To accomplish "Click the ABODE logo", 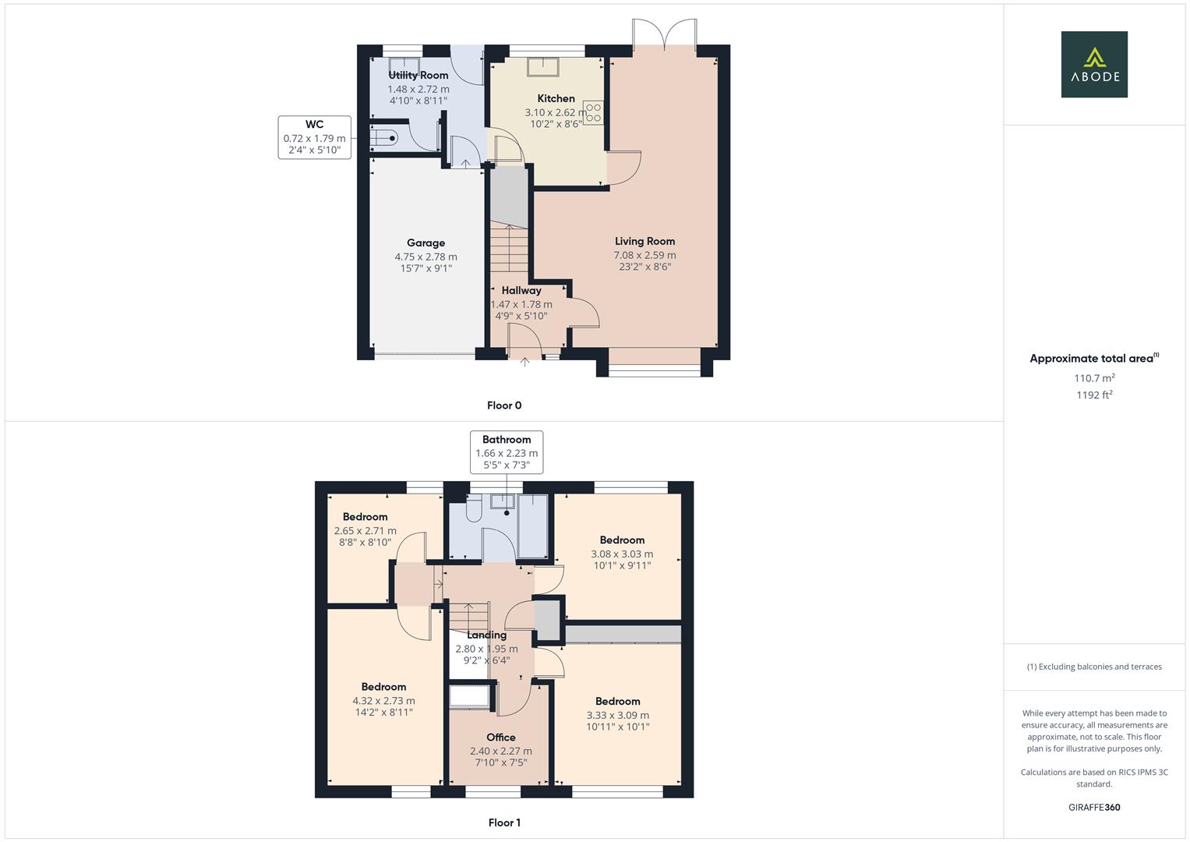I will [1094, 65].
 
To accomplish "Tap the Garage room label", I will [426, 243].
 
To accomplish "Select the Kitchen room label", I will [556, 99].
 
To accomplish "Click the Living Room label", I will [644, 242].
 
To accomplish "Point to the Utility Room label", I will [418, 76].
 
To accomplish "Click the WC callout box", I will [314, 137].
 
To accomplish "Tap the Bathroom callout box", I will [507, 452].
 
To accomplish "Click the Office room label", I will [501, 738].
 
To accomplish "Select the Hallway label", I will [521, 291].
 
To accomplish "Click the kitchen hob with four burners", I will [593, 113].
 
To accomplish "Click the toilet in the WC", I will [383, 139].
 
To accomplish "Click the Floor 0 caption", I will [504, 405].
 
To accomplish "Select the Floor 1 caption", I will [504, 823].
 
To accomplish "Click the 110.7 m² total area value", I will [1094, 378].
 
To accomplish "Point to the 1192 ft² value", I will [1094, 395].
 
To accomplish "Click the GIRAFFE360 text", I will [1094, 808].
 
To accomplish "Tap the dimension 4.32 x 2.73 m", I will [383, 701].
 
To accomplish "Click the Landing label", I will [486, 635].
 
